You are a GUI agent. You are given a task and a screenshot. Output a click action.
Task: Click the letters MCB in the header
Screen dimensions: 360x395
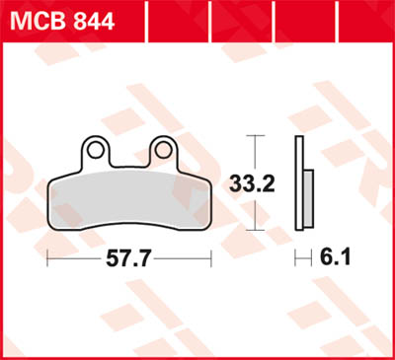click(36, 20)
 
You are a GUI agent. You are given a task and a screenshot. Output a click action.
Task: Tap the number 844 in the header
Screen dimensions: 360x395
click(88, 20)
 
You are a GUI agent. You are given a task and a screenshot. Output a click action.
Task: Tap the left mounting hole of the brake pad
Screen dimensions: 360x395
click(97, 151)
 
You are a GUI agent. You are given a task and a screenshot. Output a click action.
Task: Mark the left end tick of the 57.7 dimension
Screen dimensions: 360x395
click(46, 258)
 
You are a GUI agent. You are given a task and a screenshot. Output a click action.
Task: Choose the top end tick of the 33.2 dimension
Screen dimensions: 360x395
click(256, 134)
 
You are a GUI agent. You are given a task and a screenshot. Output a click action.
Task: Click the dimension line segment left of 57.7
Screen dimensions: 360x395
click(74, 259)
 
